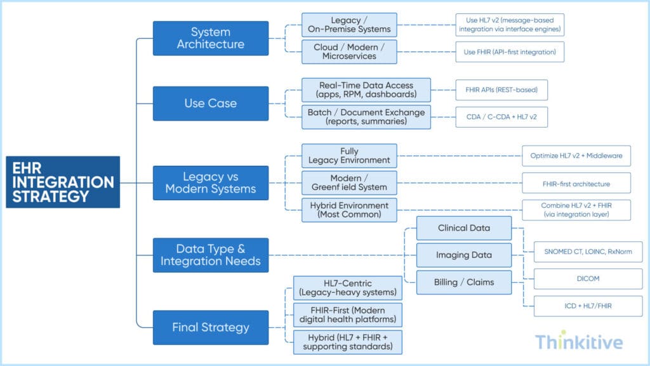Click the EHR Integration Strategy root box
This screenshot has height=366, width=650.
pos(63,182)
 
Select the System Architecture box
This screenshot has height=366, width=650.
pos(210,38)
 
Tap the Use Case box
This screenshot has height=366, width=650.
pos(210,103)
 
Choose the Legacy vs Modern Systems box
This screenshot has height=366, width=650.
pos(210,182)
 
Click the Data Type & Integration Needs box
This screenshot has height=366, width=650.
pos(210,255)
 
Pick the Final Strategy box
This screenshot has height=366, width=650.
pos(210,328)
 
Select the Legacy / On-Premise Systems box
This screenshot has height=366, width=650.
pos(349,25)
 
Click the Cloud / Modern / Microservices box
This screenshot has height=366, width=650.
pos(349,51)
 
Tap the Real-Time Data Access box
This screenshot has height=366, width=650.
pos(366,90)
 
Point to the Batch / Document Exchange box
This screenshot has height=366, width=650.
pos(366,116)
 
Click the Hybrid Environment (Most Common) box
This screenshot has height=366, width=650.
pos(349,209)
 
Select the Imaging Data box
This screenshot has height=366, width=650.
pos(464,255)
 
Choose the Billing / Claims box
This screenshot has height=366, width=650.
pos(464,282)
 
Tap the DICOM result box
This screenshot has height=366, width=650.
pos(587,279)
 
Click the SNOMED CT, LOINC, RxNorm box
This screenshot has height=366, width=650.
pos(587,252)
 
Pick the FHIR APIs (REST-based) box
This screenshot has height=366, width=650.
pos(501,90)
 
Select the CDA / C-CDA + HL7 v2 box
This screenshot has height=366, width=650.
pos(501,117)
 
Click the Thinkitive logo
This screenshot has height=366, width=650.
pos(578,342)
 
